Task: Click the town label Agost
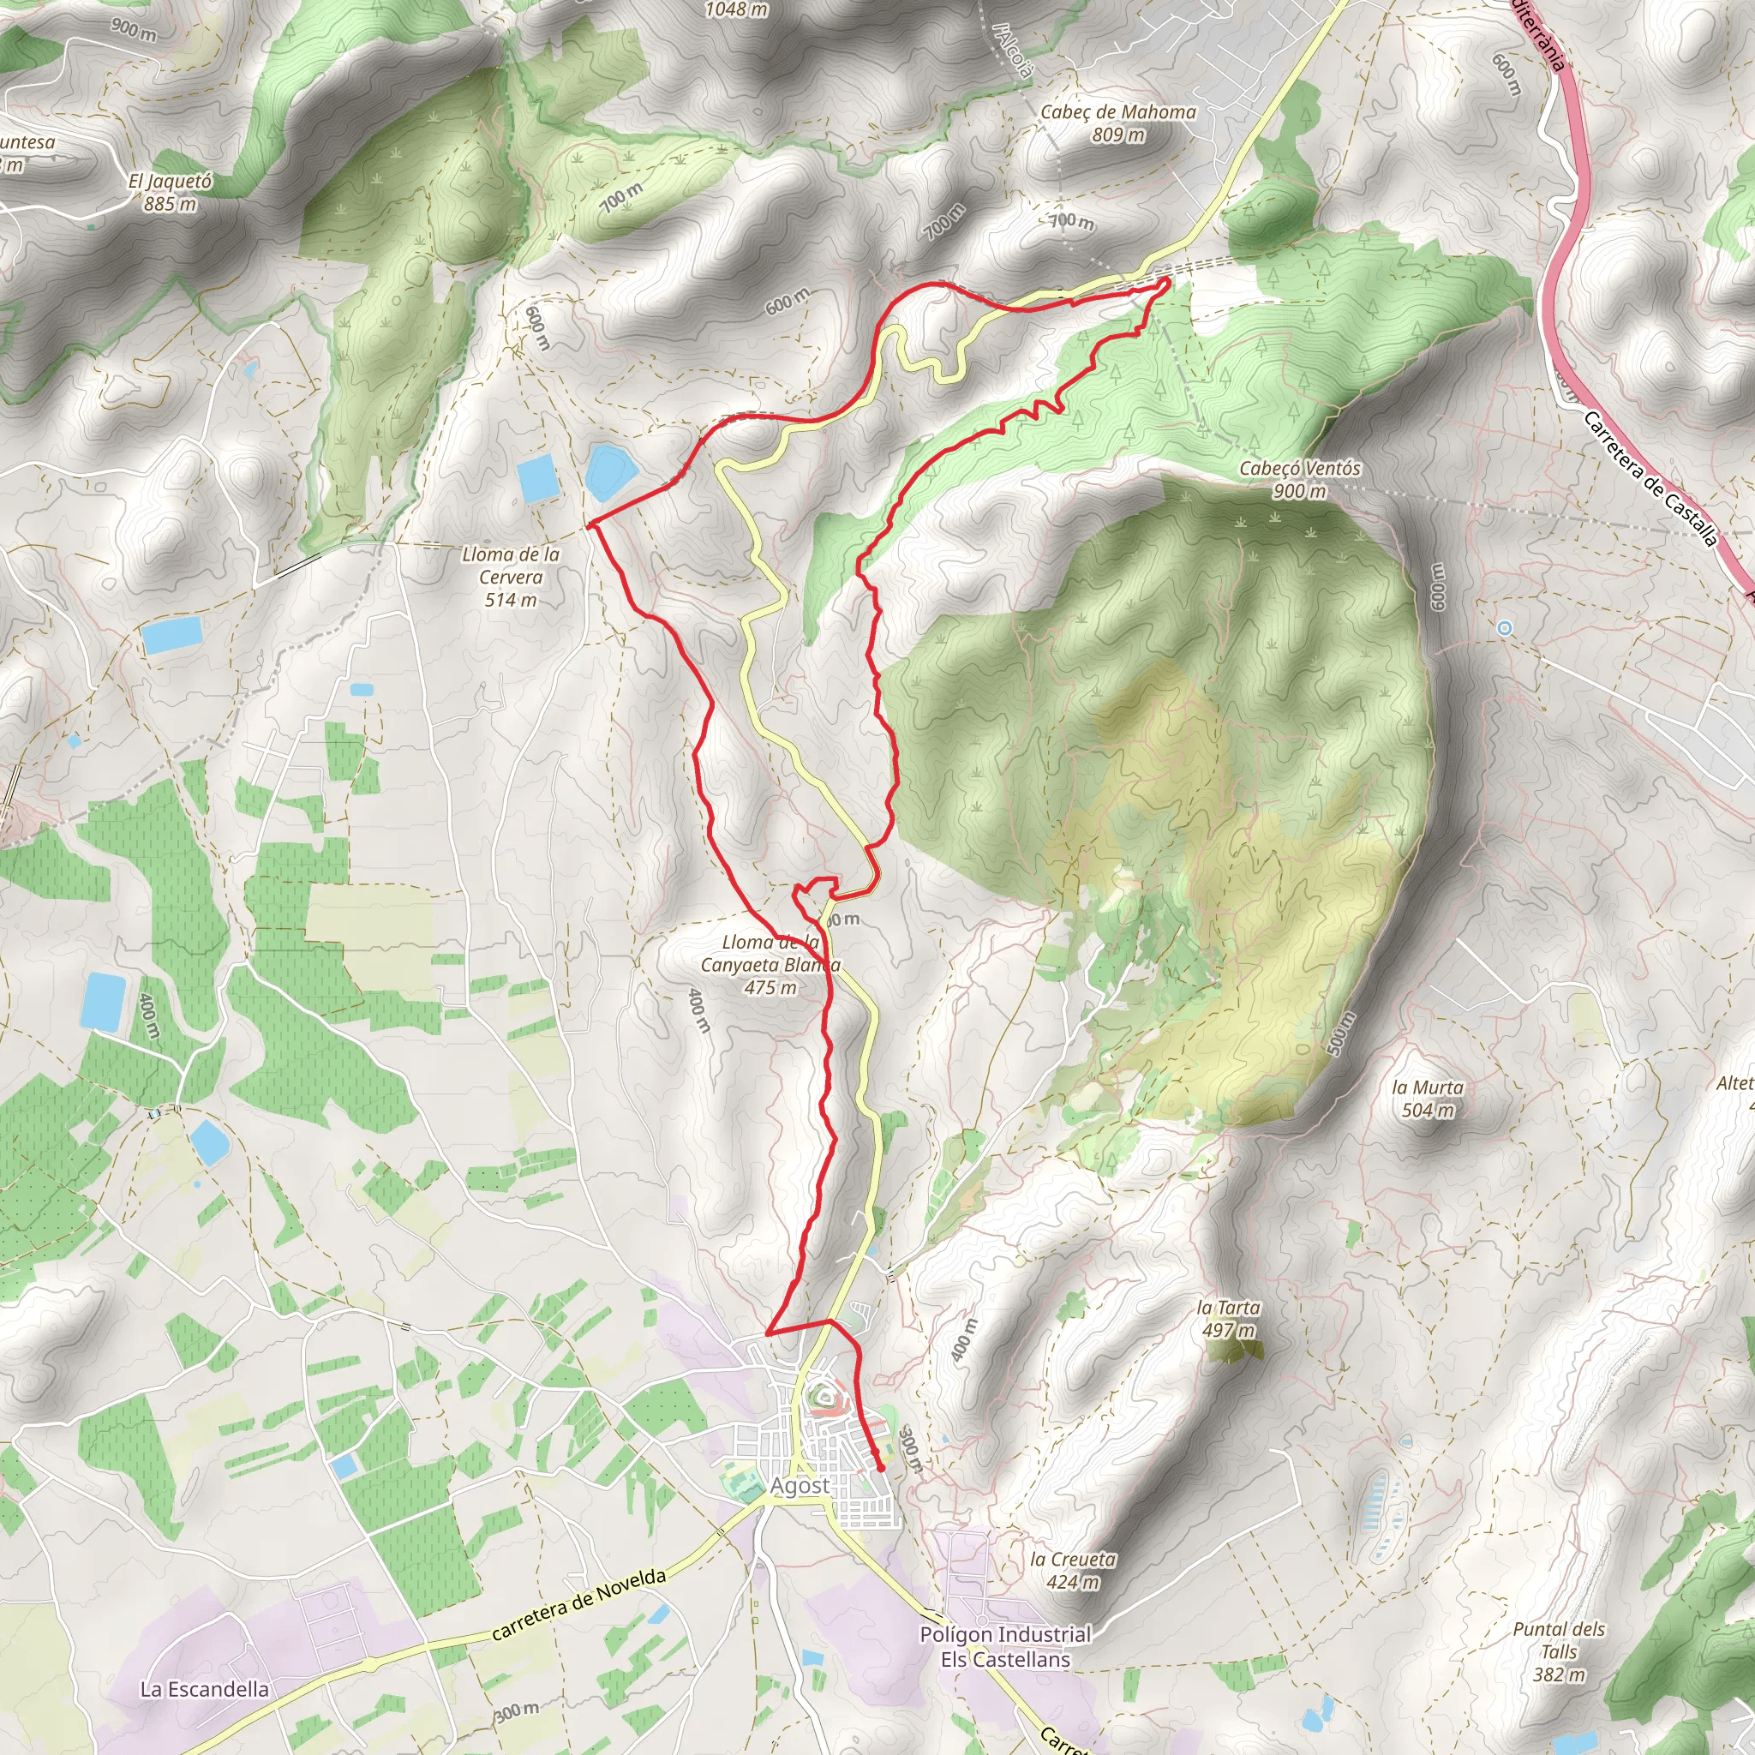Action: pos(800,1485)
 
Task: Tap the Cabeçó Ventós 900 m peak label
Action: pos(1300,480)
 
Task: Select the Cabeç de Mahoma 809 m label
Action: pos(1117,123)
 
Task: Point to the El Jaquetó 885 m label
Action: pos(170,192)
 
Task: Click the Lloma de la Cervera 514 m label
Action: pos(511,576)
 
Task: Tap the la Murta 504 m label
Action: pos(1427,1099)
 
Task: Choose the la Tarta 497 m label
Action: pos(1228,1318)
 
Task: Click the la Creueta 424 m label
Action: pos(1073,1570)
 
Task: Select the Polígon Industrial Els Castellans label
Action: pos(1004,1646)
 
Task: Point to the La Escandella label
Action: pos(205,1689)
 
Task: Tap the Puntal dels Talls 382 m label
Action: pos(1559,1651)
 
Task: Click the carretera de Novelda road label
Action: pos(578,1604)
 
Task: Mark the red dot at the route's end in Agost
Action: pos(880,1467)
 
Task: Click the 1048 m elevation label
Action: pos(737,10)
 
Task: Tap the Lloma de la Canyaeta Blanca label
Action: pos(770,965)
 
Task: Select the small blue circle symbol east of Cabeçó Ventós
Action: pos(1504,627)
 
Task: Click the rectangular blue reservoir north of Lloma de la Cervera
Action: pos(538,478)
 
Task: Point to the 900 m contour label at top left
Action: pos(134,29)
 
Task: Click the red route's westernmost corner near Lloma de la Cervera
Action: pos(590,525)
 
